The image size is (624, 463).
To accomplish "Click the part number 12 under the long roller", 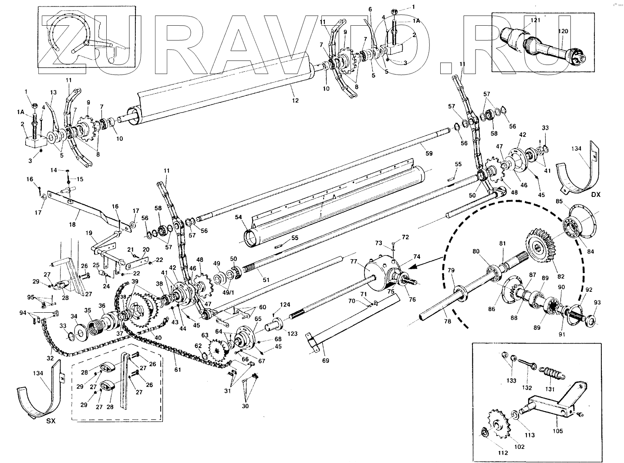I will pyautogui.click(x=295, y=101).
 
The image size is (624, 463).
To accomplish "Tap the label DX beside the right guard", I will pyautogui.click(x=595, y=194).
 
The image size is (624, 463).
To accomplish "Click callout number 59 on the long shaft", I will pyautogui.click(x=429, y=153).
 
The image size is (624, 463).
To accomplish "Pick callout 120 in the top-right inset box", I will pyautogui.click(x=563, y=32).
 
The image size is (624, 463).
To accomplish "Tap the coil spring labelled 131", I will pyautogui.click(x=551, y=373).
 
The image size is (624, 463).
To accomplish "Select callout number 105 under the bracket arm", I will pyautogui.click(x=558, y=431).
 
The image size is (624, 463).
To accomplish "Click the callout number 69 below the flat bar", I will pyautogui.click(x=325, y=360).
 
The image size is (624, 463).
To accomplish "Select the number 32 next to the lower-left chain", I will pyautogui.click(x=51, y=358).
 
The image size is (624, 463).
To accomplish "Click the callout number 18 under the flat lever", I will pyautogui.click(x=72, y=225).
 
